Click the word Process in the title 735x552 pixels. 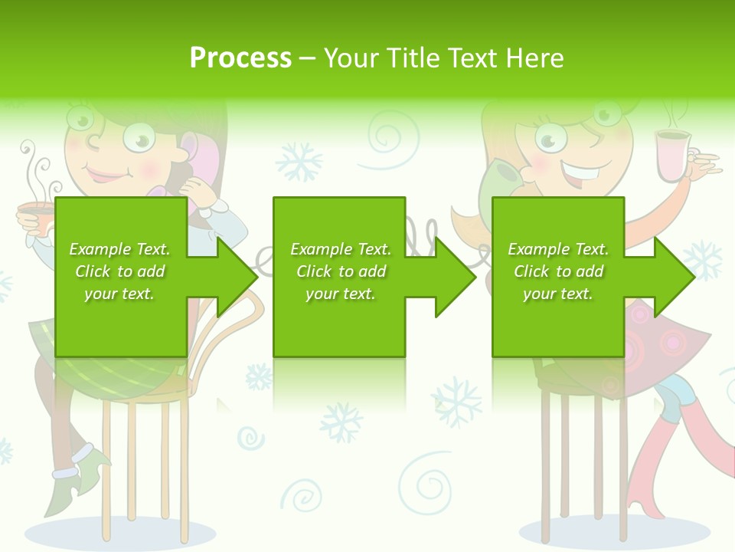pos(240,58)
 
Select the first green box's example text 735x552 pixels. pos(120,271)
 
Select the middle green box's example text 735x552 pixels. pos(341,271)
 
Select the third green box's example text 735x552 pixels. pos(558,271)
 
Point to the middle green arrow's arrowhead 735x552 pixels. pos(455,276)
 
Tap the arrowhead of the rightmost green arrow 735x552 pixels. pos(674,276)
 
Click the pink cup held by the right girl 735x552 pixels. pos(671,156)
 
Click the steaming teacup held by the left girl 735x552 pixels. pos(35,215)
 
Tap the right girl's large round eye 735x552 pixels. pos(550,138)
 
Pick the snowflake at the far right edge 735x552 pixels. pos(702,261)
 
